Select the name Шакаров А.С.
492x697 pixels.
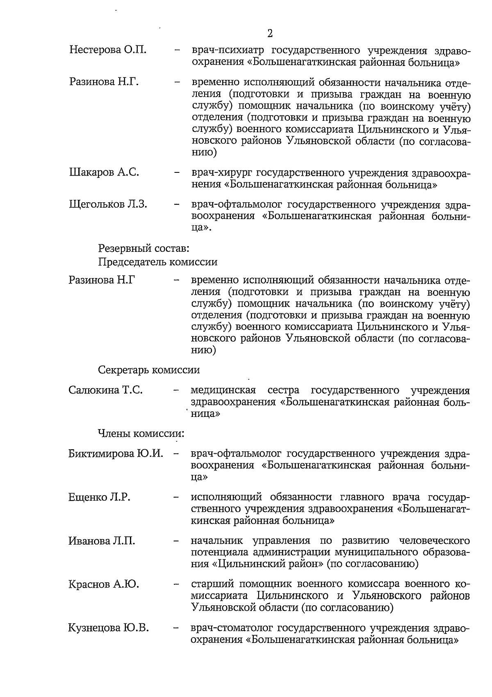click(x=104, y=172)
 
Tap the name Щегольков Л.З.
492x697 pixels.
click(x=108, y=204)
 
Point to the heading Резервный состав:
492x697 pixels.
click(x=143, y=248)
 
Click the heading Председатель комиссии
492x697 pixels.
click(x=157, y=261)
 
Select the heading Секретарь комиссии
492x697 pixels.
click(x=149, y=370)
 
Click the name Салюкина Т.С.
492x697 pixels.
click(x=106, y=390)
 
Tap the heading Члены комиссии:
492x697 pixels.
click(x=141, y=433)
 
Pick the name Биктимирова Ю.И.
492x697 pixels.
click(x=116, y=453)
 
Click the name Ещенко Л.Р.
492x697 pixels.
click(x=99, y=497)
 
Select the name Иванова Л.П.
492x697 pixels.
click(x=102, y=541)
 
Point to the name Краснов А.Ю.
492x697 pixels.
click(x=104, y=584)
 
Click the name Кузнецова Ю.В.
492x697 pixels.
click(x=108, y=627)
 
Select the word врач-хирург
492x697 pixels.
click(x=221, y=172)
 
